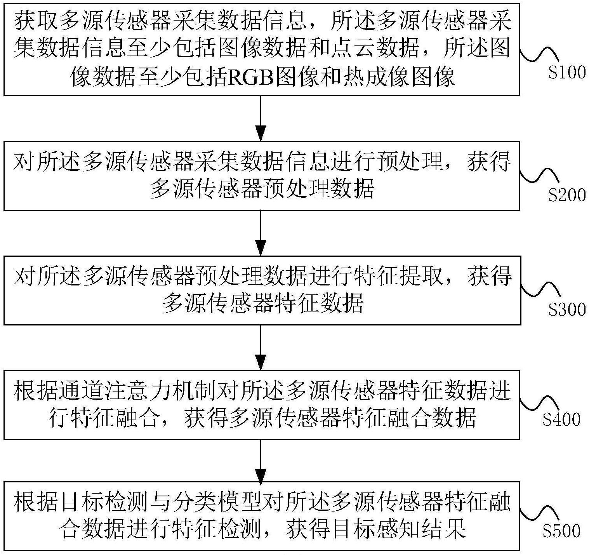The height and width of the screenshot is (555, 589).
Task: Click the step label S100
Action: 566,73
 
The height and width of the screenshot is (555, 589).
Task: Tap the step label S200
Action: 566,195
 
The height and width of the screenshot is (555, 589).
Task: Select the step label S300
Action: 566,310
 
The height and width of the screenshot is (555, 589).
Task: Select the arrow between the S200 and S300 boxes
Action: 261,233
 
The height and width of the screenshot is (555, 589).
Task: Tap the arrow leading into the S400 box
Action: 261,347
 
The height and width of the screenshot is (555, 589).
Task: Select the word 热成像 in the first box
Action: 367,78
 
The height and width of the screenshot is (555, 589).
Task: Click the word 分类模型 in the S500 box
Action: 217,503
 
